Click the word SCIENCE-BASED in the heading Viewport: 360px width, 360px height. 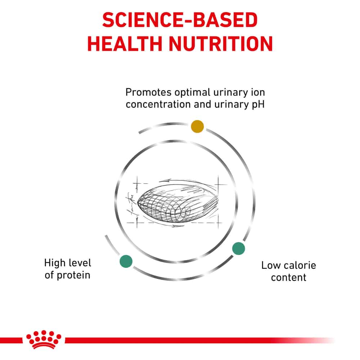180,20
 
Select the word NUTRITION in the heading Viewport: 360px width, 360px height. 221,44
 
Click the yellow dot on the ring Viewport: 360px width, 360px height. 197,126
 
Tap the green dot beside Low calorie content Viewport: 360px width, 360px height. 239,248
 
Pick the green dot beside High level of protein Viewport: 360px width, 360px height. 126,261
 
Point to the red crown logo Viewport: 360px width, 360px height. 44,339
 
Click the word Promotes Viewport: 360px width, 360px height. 149,93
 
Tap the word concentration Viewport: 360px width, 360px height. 158,104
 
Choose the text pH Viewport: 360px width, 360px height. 258,105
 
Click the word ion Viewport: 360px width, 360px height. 258,93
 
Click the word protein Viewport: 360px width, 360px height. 73,276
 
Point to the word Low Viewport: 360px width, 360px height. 272,266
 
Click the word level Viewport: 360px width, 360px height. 80,263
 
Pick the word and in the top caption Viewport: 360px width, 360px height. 202,104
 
